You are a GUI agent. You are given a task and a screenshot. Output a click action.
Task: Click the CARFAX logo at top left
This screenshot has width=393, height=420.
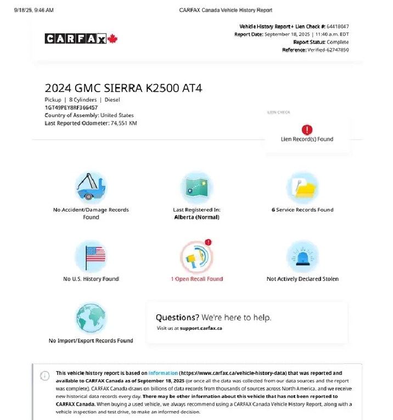point(76,38)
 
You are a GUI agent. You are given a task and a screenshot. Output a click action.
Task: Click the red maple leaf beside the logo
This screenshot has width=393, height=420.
point(113,38)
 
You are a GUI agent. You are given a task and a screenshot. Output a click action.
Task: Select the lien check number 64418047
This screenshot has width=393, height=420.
point(338,26)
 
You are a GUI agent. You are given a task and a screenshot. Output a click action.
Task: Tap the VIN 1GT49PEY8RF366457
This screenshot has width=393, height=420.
point(71,108)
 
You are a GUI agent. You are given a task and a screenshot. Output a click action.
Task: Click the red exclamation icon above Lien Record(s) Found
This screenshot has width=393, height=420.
point(307,130)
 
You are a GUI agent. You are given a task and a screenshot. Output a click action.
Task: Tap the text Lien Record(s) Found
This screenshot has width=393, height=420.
point(307,140)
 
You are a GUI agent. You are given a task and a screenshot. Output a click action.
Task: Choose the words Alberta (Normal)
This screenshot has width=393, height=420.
point(196,217)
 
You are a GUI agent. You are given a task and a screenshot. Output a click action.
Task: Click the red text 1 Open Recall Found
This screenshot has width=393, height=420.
point(196,279)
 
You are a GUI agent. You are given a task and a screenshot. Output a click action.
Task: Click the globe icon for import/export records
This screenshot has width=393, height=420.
point(91,318)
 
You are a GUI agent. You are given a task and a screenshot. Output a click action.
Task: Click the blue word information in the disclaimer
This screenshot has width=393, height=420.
point(163,373)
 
